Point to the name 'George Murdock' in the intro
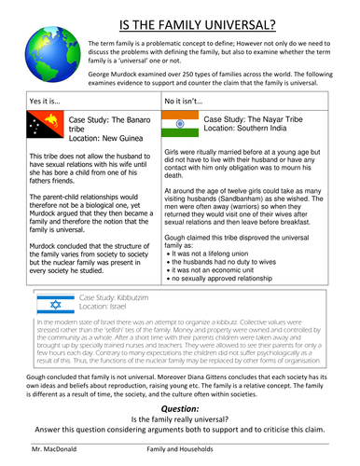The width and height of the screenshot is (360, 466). (116, 74)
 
